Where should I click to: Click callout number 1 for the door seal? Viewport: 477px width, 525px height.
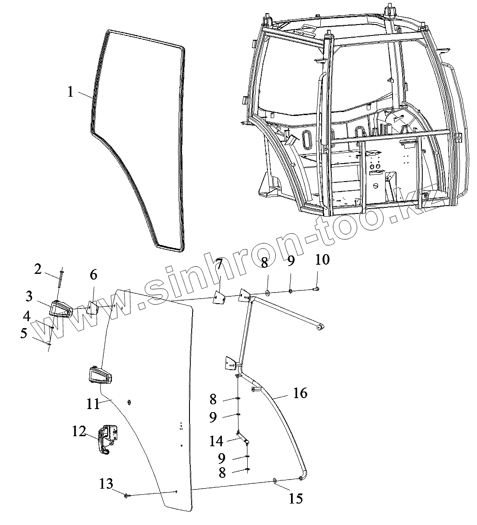70,92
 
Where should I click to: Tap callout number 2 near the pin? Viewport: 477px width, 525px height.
39,269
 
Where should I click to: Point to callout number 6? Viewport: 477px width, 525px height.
94,275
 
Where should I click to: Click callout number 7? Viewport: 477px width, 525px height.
219,265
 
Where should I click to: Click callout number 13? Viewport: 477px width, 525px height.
106,484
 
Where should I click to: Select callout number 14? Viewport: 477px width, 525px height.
216,441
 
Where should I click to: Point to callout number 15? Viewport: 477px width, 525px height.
296,498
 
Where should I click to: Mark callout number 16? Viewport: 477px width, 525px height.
300,393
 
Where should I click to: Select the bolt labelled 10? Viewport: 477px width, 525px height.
316,288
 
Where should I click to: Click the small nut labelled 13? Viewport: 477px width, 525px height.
126,495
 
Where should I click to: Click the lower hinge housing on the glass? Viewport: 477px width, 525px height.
99,375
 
